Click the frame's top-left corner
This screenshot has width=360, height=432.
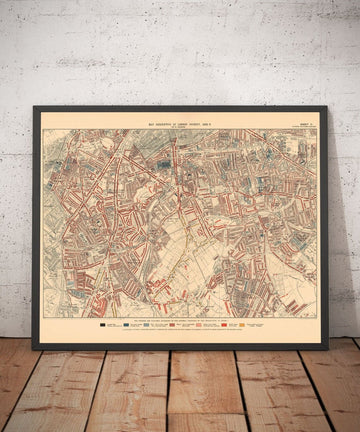[x=33, y=107]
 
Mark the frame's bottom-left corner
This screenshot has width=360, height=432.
[x=33, y=348]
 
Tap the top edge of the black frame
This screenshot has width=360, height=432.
[x=180, y=107]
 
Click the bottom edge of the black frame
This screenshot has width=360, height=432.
[x=180, y=347]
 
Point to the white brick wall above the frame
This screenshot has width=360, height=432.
[x=180, y=50]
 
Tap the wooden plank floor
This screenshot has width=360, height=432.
[x=180, y=395]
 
